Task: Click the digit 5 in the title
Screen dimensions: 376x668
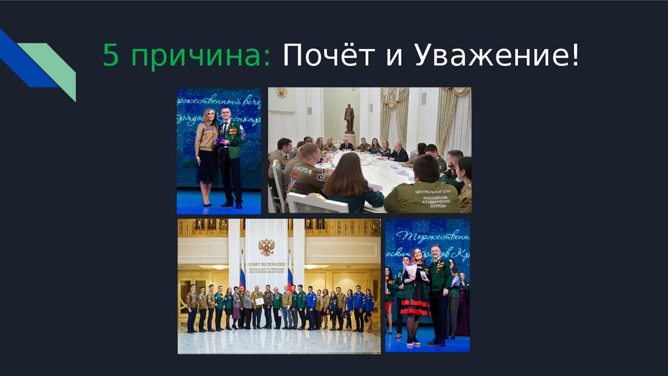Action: [x=110, y=57]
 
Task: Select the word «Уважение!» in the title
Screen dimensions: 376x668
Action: [x=496, y=57]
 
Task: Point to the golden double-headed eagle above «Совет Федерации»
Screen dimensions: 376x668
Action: [x=266, y=247]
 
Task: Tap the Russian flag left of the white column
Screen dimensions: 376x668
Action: [x=242, y=277]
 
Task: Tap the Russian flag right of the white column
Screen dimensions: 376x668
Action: [x=290, y=277]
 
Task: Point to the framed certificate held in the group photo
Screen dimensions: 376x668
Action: [x=259, y=302]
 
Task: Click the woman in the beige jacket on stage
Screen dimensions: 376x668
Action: [x=207, y=153]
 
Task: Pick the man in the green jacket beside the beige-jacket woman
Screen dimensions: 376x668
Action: [x=230, y=153]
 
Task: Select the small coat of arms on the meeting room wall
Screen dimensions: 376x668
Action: [x=282, y=93]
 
